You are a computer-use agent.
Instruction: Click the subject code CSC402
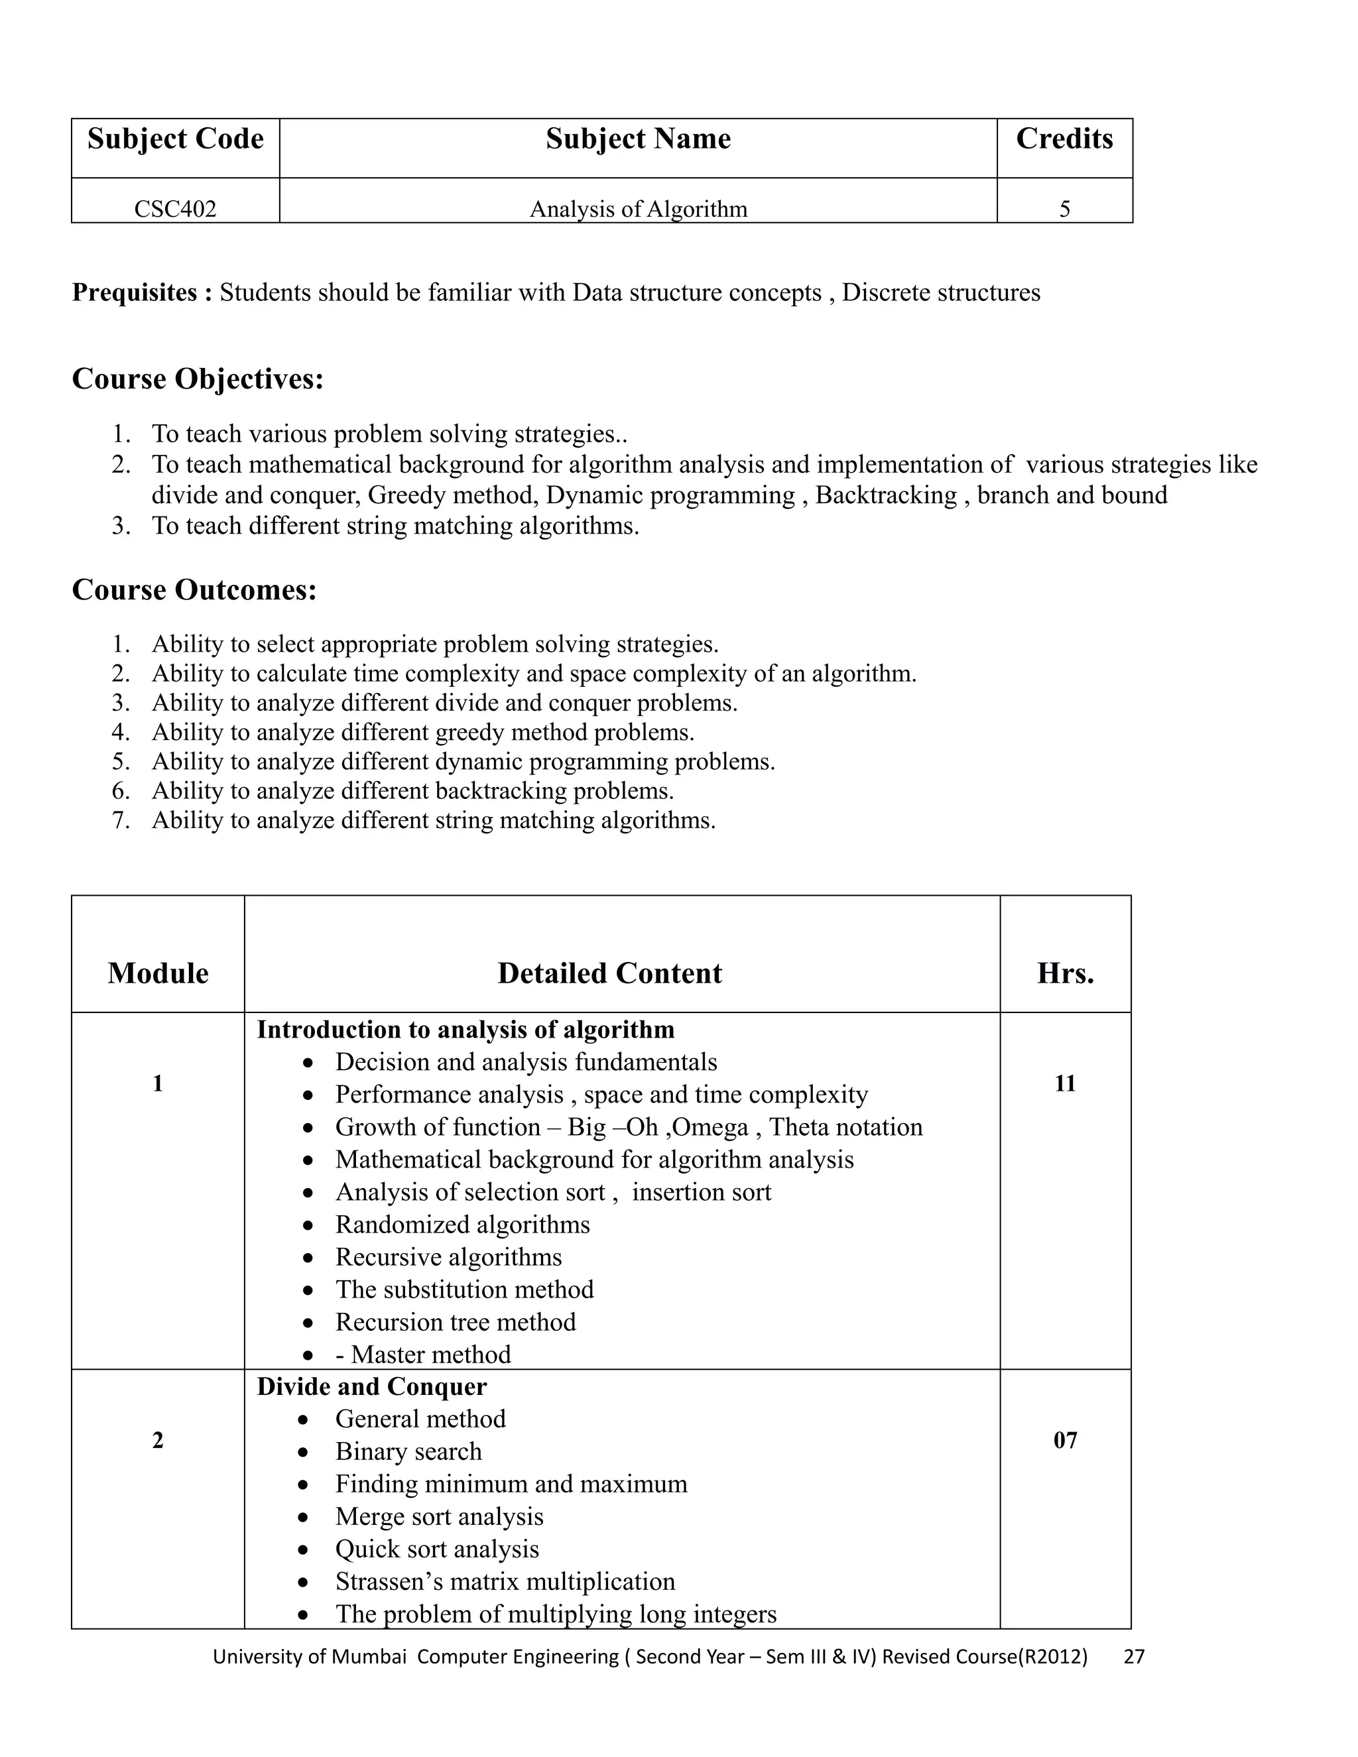tap(174, 209)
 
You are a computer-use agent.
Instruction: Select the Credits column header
tap(1064, 139)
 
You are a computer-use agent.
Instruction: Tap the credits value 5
tap(1064, 209)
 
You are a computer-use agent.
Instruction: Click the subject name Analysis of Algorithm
tap(638, 209)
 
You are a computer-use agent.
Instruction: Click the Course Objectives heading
tap(197, 378)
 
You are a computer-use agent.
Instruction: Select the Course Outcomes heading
tap(194, 589)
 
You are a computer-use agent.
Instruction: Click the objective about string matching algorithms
tap(395, 525)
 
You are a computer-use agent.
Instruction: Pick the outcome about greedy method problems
tap(422, 732)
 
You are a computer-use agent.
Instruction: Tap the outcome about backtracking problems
tap(412, 791)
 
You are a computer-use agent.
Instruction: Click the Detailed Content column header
tap(609, 973)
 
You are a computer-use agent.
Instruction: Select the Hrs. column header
tap(1064, 973)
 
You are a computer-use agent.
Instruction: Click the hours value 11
tap(1064, 1083)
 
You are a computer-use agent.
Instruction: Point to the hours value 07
tap(1064, 1440)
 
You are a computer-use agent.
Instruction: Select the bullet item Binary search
tap(408, 1451)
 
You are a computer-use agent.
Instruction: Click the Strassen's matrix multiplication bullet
tap(505, 1581)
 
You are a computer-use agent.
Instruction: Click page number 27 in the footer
tap(1133, 1656)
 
